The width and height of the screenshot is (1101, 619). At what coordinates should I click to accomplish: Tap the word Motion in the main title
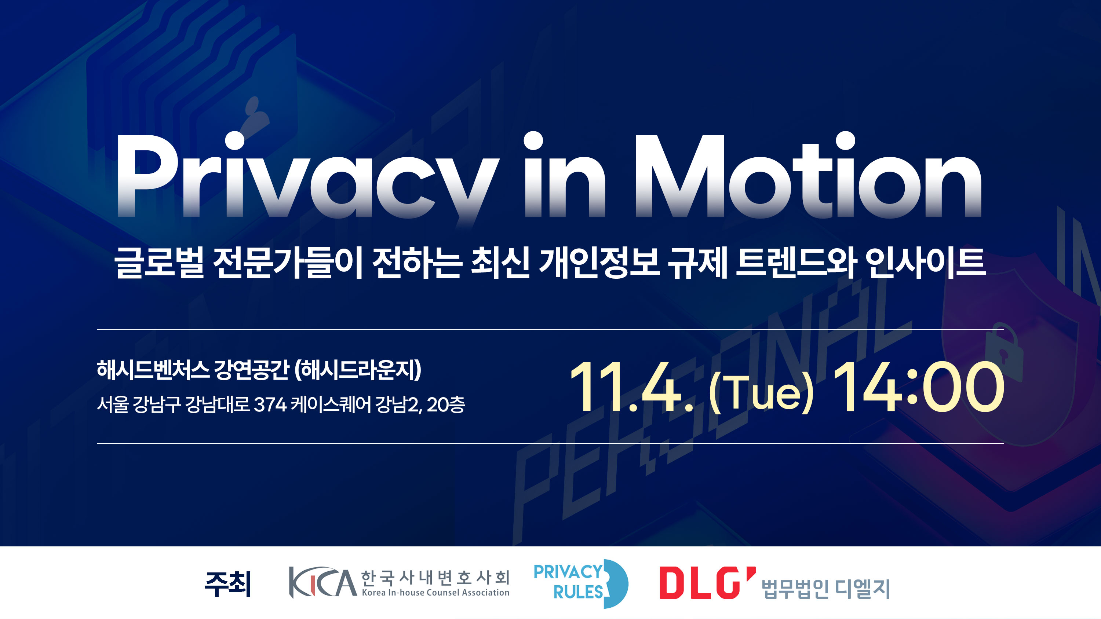(x=808, y=175)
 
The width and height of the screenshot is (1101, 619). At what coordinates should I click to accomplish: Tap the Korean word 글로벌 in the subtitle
(x=159, y=263)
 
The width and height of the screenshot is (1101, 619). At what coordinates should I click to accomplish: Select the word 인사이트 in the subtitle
(x=925, y=263)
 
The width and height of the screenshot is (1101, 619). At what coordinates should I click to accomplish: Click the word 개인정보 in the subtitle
(x=599, y=263)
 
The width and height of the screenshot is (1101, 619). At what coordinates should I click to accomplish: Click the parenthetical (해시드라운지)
(x=358, y=370)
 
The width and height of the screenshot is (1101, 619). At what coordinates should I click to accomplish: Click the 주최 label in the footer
(x=228, y=584)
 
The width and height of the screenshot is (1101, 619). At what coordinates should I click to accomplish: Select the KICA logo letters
(x=323, y=582)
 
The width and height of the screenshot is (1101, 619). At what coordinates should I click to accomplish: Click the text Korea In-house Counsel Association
(x=435, y=593)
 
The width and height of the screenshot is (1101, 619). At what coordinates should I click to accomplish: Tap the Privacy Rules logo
(x=581, y=583)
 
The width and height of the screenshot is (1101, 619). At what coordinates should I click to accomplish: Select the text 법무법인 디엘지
(x=826, y=589)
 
